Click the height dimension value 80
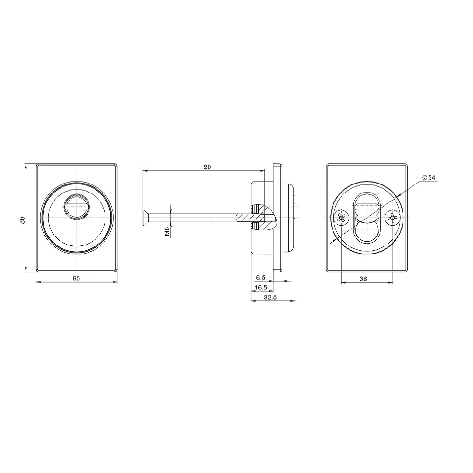pyautogui.click(x=22, y=220)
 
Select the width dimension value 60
pyautogui.click(x=76, y=278)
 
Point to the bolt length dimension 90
pyautogui.click(x=207, y=167)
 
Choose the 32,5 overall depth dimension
pyautogui.click(x=271, y=297)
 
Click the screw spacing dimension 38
pyautogui.click(x=363, y=279)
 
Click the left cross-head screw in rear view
pyautogui.click(x=341, y=218)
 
